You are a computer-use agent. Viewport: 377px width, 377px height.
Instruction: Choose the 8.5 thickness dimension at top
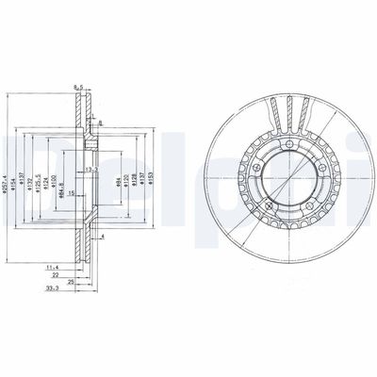pos(78,88)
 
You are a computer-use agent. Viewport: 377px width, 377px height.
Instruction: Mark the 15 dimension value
pos(72,193)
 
